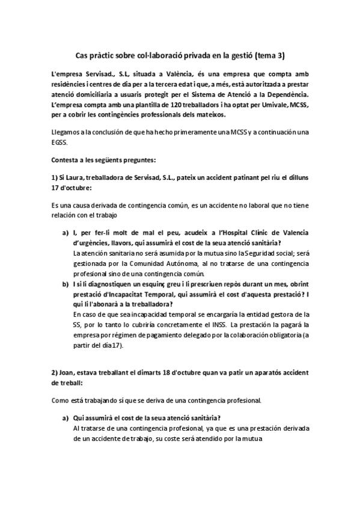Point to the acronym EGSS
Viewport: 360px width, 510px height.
[x=60, y=144]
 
